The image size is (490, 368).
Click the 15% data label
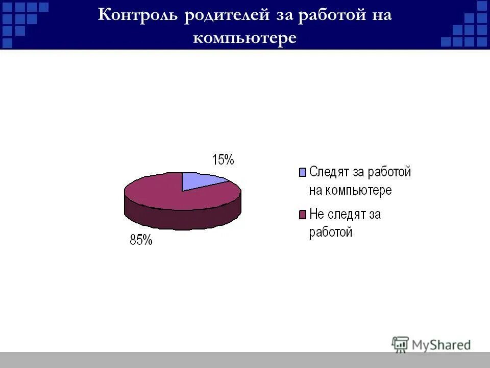point(223,160)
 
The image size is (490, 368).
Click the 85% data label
point(141,240)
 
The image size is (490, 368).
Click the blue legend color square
point(302,172)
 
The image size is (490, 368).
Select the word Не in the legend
point(317,214)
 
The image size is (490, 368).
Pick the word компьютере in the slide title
point(244,38)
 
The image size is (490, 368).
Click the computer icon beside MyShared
point(400,344)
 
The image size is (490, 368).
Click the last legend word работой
point(331,233)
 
